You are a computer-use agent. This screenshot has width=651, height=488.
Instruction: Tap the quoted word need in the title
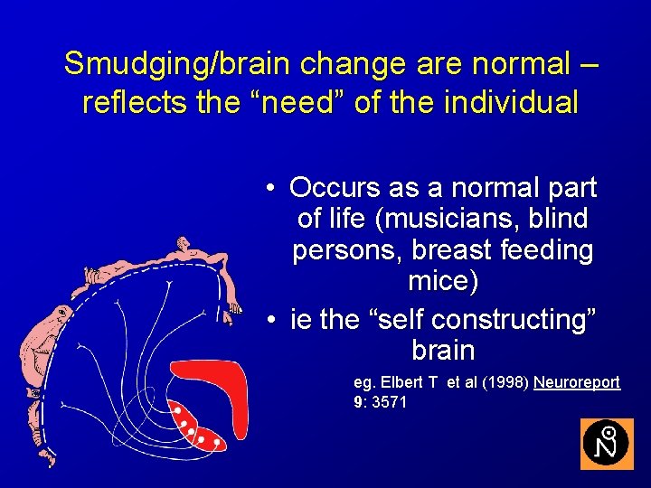pyautogui.click(x=300, y=102)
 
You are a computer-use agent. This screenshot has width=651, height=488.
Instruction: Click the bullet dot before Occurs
pyautogui.click(x=270, y=189)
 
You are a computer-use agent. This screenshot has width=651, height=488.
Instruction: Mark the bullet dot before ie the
pyautogui.click(x=270, y=319)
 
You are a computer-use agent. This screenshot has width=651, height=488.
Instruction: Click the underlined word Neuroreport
pyautogui.click(x=577, y=382)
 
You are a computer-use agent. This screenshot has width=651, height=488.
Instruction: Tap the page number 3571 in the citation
pyautogui.click(x=389, y=401)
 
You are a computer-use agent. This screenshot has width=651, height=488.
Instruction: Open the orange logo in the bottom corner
pyautogui.click(x=607, y=444)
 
